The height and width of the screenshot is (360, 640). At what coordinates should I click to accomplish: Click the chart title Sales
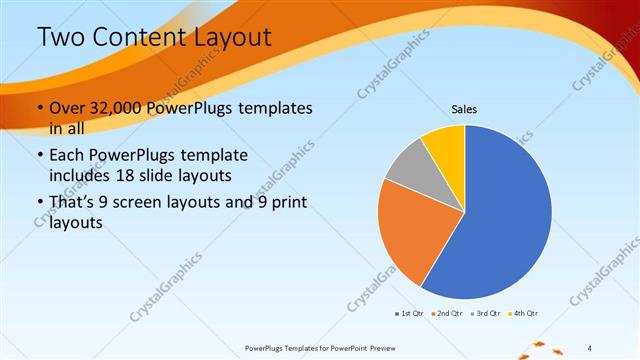pos(464,107)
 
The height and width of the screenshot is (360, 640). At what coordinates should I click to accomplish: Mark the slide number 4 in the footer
pos(589,348)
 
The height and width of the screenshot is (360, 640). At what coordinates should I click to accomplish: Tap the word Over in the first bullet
pos(68,108)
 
